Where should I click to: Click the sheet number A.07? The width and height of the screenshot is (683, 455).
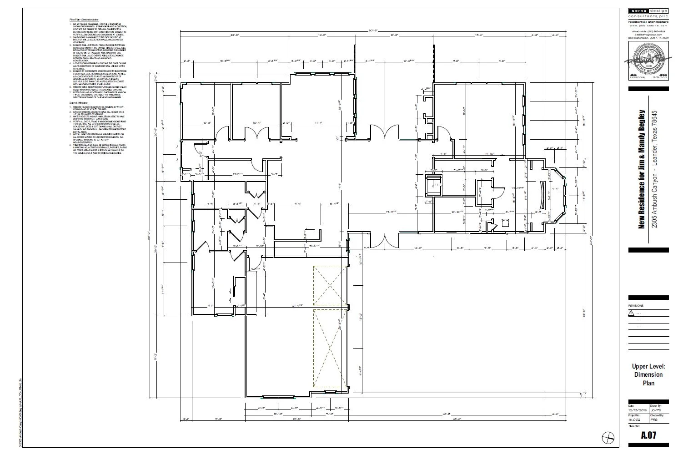[648, 435]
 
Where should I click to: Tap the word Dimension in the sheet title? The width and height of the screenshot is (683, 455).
[648, 374]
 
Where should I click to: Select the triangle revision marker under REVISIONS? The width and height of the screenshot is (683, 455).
[631, 313]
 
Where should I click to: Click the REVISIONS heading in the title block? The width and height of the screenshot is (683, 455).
[636, 306]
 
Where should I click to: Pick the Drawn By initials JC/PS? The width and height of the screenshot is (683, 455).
[656, 410]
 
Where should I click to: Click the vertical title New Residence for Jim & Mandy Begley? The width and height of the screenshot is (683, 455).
[642, 168]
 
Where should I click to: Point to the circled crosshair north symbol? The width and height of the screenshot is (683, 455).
[608, 437]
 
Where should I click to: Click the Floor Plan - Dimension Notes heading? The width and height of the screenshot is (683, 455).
[84, 20]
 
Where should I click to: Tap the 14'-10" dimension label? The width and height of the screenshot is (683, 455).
[490, 154]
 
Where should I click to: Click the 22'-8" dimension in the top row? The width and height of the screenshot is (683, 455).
[235, 35]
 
